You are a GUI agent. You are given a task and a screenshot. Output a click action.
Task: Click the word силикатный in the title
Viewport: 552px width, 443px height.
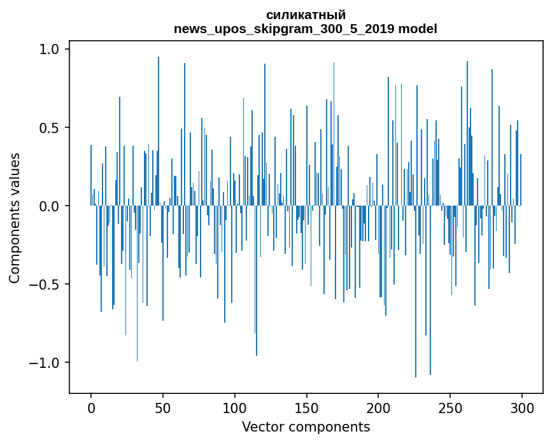[x=306, y=15]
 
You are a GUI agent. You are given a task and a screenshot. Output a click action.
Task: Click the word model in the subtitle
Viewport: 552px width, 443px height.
[x=418, y=29]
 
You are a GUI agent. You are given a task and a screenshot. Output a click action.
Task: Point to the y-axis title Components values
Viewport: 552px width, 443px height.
[x=15, y=218]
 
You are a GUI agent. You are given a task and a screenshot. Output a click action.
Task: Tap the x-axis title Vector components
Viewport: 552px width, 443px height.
[x=306, y=426]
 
